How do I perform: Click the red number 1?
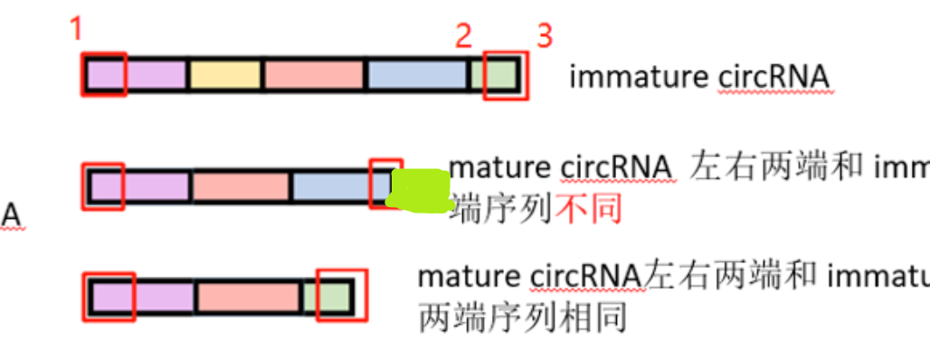click(76, 29)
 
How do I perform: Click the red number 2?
click(463, 36)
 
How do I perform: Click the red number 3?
click(544, 36)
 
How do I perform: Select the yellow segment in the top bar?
click(224, 76)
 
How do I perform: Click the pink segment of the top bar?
click(313, 76)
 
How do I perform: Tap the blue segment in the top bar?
click(416, 76)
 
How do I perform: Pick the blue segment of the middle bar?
click(330, 186)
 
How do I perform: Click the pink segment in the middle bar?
click(240, 186)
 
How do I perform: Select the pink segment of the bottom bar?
click(247, 297)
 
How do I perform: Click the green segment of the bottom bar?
click(327, 297)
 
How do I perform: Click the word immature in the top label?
click(639, 77)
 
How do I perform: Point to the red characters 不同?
click(589, 210)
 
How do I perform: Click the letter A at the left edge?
click(11, 215)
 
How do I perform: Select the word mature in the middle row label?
click(499, 168)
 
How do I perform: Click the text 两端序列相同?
click(522, 317)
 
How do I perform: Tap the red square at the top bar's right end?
click(504, 75)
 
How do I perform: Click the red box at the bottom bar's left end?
click(109, 297)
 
